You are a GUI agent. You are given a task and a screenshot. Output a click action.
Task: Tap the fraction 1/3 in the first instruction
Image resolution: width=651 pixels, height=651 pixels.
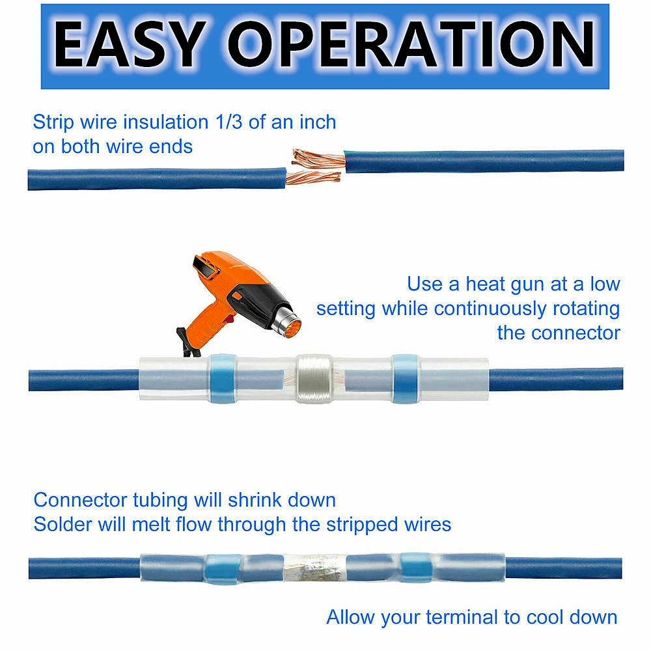[x=229, y=122]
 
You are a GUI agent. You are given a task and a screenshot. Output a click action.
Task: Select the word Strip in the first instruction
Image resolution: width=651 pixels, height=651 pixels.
[x=53, y=123]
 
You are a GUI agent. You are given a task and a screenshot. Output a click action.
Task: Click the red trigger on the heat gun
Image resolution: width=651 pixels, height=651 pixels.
[x=228, y=319]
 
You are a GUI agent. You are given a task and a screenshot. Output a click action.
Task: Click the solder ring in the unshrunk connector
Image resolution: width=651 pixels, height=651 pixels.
[x=314, y=379]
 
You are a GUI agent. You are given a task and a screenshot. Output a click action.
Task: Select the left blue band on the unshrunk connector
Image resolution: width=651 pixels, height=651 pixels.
[x=223, y=379]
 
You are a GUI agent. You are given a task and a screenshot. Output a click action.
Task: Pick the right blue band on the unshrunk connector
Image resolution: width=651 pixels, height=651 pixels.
[x=406, y=379]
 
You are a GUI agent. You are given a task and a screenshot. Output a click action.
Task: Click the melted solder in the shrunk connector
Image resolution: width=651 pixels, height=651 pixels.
[x=316, y=568]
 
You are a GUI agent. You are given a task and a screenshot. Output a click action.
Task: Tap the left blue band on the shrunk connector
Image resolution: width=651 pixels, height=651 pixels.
[x=223, y=568]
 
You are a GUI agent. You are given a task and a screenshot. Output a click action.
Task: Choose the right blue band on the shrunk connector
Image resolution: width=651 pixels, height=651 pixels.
[x=415, y=568]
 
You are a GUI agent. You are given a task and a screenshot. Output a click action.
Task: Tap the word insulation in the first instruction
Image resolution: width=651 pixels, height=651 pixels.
[x=165, y=122]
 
